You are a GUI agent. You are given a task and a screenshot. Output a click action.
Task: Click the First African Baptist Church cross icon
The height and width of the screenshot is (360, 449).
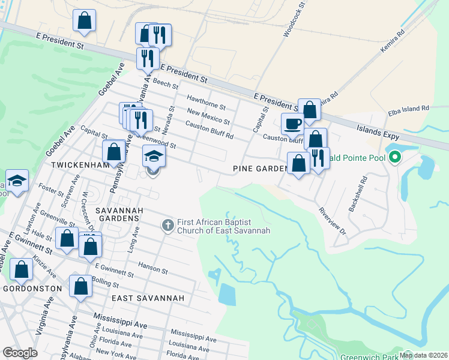(x=168, y=226)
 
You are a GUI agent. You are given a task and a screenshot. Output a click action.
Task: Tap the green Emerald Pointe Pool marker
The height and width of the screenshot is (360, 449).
(x=394, y=158)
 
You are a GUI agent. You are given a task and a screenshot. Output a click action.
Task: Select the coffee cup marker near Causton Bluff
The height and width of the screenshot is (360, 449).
(x=292, y=125)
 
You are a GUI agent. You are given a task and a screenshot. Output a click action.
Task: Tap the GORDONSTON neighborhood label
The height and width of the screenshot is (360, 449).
(x=32, y=289)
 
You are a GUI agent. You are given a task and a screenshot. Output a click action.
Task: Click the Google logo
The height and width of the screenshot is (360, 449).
(x=20, y=352)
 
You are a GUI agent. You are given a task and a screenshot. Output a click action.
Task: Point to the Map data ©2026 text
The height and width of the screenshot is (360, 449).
(x=424, y=355)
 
